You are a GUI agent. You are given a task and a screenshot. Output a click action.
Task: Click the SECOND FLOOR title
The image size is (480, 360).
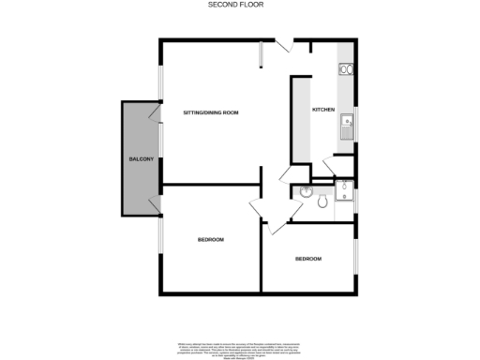pyautogui.click(x=227, y=5)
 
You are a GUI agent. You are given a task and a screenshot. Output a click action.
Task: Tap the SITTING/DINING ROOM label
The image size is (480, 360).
pyautogui.click(x=210, y=112)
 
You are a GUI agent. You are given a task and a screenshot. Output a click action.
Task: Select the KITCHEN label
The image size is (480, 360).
pyautogui.click(x=323, y=110)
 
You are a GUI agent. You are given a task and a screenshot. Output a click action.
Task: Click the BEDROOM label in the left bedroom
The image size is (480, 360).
pyautogui.click(x=210, y=240)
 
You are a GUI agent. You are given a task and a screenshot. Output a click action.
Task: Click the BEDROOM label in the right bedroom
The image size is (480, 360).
pyautogui.click(x=308, y=259)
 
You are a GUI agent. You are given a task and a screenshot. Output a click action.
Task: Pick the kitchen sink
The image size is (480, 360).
pyautogui.click(x=346, y=126)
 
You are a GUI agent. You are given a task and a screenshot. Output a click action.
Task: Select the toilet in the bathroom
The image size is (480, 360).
pyautogui.click(x=322, y=201)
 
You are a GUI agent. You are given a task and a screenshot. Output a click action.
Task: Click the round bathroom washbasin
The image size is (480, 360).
pyautogui.click(x=307, y=193)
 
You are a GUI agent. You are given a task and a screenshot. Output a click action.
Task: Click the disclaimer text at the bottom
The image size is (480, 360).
pyautogui.click(x=240, y=348)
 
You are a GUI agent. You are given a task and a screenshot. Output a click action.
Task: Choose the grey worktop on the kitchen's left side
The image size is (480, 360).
pyautogui.click(x=302, y=117)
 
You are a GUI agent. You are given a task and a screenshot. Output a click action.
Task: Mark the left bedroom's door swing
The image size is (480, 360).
pyautogui.click(x=259, y=211)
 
